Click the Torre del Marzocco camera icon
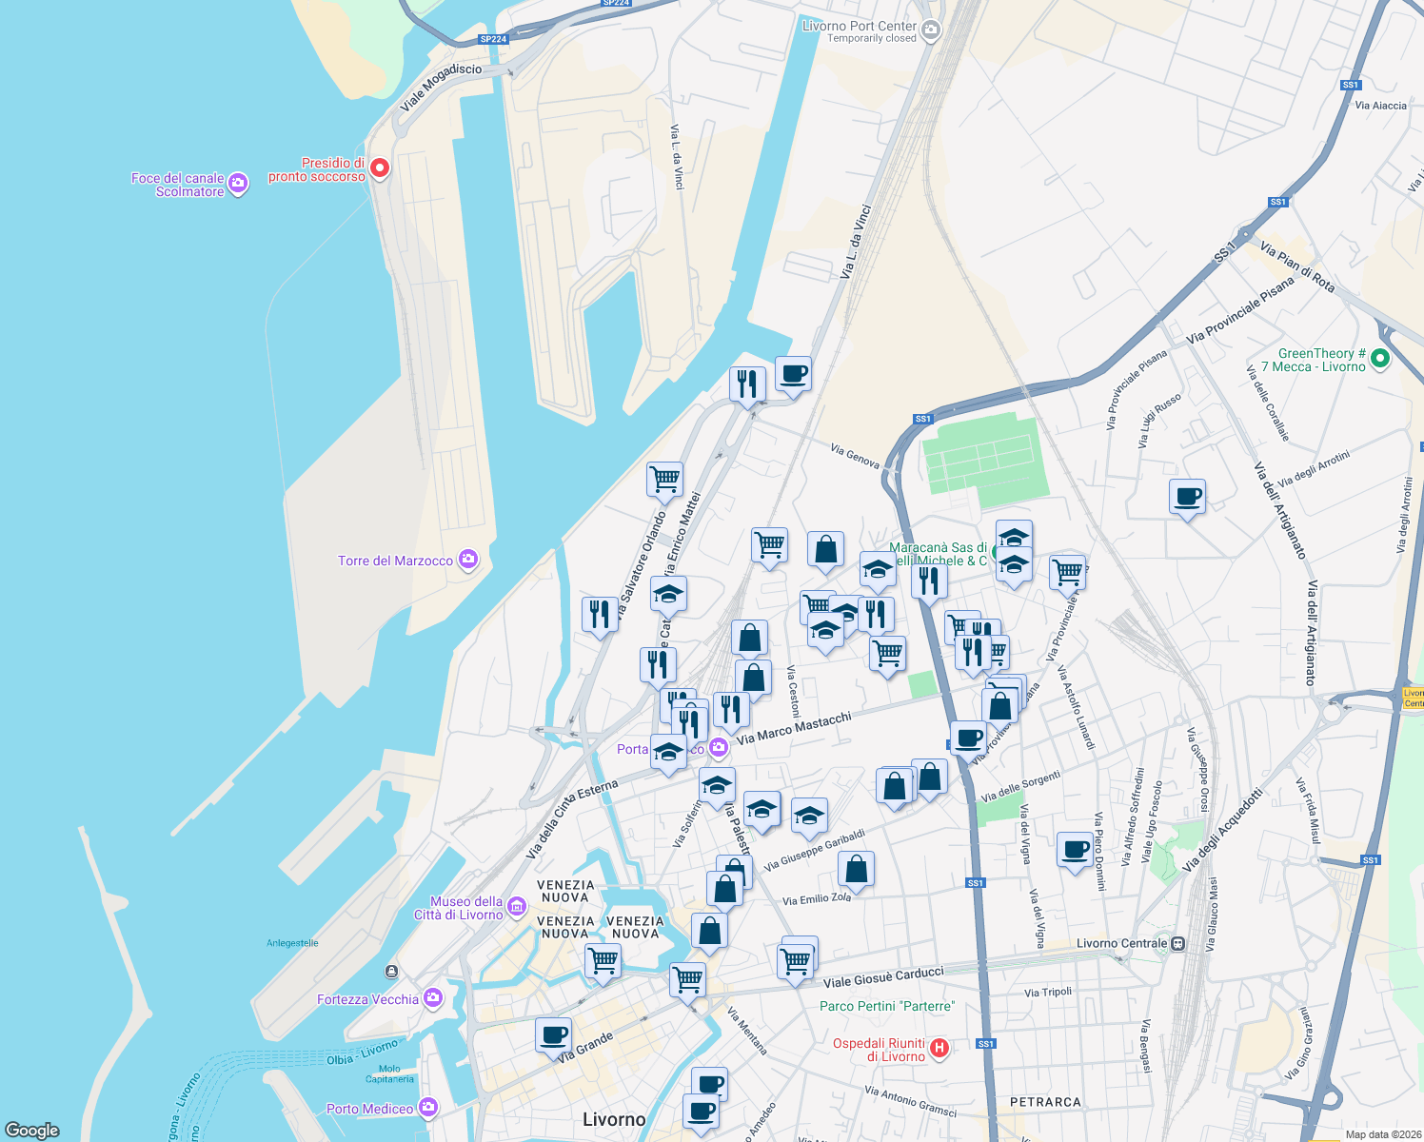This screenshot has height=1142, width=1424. coord(468,560)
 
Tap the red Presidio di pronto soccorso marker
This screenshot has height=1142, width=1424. coord(380,168)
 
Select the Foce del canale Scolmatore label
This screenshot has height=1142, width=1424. coord(178,185)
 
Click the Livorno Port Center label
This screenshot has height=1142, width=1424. coord(860,27)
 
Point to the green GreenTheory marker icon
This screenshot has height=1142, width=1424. coord(1380,359)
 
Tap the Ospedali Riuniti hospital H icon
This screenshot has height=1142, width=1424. coord(939,1049)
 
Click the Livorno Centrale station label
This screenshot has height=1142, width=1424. coord(1121,943)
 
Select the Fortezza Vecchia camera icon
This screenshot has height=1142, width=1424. coord(434,997)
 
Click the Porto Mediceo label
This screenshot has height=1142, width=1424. coord(369,1109)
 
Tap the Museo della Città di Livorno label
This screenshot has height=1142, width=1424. coord(459,908)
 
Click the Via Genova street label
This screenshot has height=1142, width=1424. coord(855,455)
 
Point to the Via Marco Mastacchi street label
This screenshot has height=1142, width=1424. coord(794,728)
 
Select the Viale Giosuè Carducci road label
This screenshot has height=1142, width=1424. coord(883,976)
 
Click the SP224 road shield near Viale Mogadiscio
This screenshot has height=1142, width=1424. coord(493,39)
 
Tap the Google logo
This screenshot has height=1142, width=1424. coord(32,1130)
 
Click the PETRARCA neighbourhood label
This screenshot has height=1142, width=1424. coord(1045,1102)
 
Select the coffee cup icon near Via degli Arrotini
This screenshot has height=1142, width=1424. coord(1187,497)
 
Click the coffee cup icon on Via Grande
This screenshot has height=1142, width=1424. coord(554,1034)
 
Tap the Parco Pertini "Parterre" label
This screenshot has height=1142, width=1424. coord(887,1006)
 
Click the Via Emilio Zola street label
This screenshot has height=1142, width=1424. coord(817,898)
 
